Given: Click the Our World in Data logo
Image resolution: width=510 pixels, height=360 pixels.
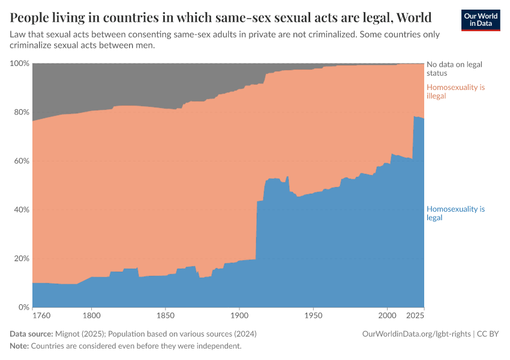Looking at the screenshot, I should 480,20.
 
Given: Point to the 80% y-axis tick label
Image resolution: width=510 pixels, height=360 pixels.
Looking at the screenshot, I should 20,112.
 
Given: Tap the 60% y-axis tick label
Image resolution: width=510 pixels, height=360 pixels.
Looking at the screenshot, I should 20,161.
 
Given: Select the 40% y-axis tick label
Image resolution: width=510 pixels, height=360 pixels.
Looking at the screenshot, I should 20,210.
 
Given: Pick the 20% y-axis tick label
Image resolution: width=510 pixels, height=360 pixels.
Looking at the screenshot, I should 20,259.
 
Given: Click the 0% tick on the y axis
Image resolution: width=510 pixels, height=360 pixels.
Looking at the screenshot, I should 22,307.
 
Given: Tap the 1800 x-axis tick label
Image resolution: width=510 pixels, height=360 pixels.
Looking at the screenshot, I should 91,315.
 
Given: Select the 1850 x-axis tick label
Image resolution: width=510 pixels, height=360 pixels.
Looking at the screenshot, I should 165,315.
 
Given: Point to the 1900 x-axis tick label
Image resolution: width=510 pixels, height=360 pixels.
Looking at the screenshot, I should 239,315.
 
